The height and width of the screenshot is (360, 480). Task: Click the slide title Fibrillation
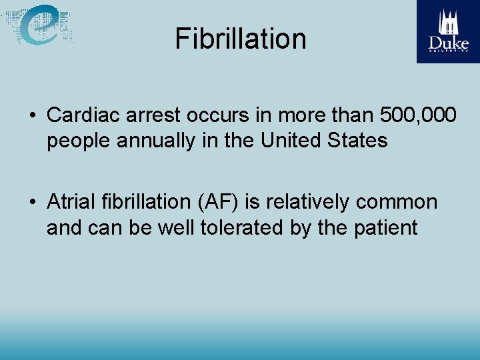(x=241, y=39)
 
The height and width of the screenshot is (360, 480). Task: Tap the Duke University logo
(x=448, y=31)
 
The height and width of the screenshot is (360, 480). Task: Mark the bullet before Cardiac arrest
(x=32, y=116)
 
